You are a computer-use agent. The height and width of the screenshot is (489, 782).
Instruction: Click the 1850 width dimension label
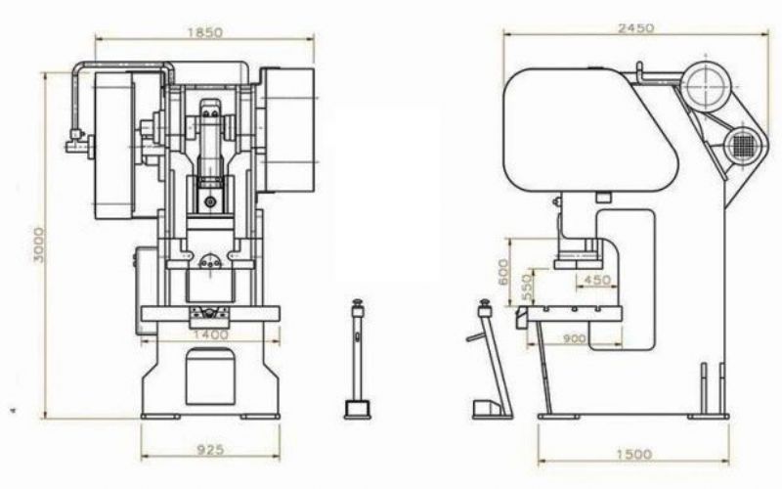point(205,32)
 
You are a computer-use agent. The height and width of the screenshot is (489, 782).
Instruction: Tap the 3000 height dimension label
point(38,244)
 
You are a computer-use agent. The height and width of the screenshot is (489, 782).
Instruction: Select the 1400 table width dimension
point(210,334)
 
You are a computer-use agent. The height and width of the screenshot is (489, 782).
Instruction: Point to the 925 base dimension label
point(210,450)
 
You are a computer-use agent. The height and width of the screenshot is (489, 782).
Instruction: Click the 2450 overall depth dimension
point(635,28)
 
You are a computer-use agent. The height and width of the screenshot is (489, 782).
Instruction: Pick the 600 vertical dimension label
point(503,272)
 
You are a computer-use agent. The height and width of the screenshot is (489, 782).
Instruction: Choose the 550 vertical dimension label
point(527,288)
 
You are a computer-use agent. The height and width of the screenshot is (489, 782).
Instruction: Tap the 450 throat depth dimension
point(596,280)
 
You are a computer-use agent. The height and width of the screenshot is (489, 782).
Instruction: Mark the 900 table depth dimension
point(575,338)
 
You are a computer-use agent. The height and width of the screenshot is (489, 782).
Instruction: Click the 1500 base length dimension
point(633,454)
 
